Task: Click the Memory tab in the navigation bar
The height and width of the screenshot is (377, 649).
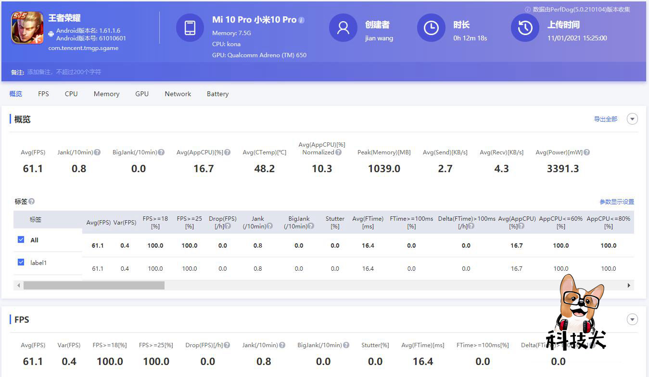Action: click(x=106, y=94)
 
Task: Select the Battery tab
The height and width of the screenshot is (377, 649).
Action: click(x=217, y=94)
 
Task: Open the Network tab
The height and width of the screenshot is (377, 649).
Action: click(x=178, y=94)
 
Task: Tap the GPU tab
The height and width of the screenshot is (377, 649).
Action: click(x=142, y=94)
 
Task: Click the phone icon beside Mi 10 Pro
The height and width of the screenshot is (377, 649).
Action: click(x=190, y=28)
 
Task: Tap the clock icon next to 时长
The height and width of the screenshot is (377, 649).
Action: click(x=431, y=28)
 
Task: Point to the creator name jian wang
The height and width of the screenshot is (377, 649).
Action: click(x=379, y=38)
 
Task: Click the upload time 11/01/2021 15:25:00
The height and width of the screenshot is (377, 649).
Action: click(x=577, y=38)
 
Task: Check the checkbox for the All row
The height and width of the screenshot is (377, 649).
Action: click(x=21, y=239)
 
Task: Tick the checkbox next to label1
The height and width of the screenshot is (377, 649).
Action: click(x=21, y=262)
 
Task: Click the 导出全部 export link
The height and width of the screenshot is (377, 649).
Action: click(x=605, y=119)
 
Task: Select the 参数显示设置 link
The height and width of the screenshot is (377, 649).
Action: click(x=617, y=202)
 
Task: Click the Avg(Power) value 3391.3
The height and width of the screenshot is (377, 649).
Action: click(x=562, y=169)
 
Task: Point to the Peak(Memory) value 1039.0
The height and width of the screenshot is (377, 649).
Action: click(x=384, y=169)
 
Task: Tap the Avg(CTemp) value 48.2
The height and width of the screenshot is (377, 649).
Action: click(x=264, y=169)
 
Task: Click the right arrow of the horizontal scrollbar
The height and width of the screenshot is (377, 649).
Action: click(x=629, y=286)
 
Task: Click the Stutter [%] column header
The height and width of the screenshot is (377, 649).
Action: click(x=335, y=222)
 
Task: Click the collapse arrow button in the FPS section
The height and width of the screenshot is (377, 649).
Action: click(x=632, y=319)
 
